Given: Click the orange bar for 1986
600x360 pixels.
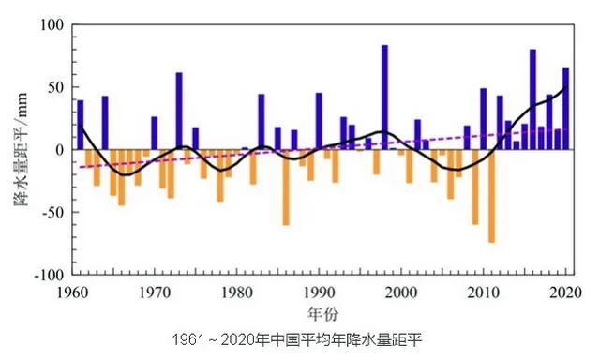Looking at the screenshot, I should pos(286,187).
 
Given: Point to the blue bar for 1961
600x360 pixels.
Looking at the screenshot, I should pos(81,125).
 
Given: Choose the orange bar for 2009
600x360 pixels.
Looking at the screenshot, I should pos(475,187).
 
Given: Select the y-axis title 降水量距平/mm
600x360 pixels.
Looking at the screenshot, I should pos(21,150).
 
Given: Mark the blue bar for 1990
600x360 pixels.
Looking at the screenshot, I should pos(319,121).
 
